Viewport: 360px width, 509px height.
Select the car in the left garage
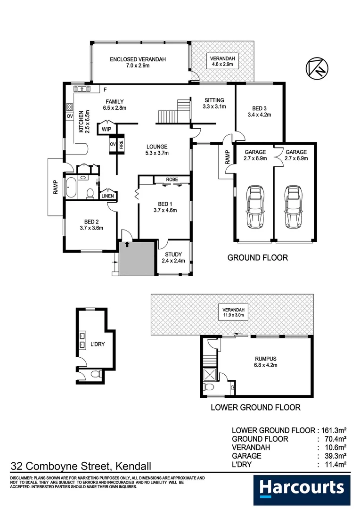click(255, 206)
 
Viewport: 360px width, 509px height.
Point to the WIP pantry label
click(106, 129)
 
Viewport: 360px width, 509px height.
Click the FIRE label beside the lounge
click(121, 145)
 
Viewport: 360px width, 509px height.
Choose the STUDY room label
click(173, 254)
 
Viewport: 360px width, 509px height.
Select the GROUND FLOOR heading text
click(257, 258)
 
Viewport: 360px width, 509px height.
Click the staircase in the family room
click(172, 111)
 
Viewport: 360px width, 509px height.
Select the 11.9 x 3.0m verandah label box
click(231, 312)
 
